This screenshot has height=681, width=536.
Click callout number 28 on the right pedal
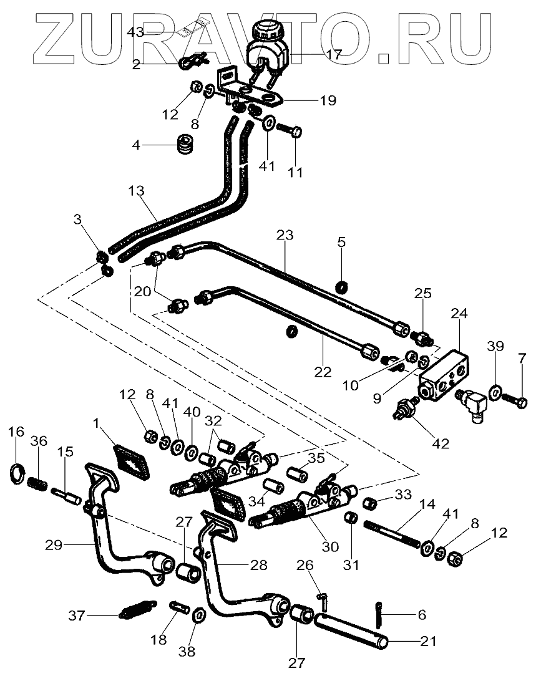tap(259, 565)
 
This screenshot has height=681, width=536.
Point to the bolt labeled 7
tap(515, 400)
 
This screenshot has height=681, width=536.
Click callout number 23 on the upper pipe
tap(285, 236)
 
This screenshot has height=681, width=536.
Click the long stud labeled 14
tap(394, 525)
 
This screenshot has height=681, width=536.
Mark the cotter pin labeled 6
tap(381, 612)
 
